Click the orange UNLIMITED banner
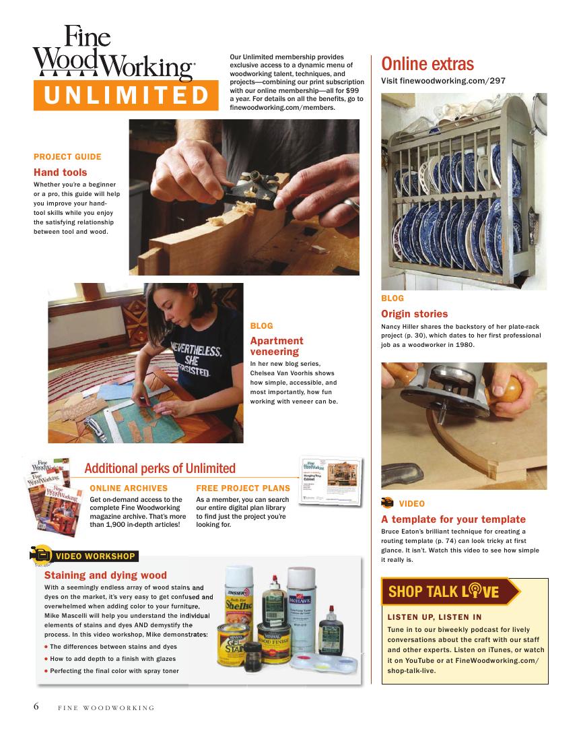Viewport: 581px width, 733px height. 126,96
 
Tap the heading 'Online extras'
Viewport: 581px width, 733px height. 428,64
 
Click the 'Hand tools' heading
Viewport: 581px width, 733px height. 60,172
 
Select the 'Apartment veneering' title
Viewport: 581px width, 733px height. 277,346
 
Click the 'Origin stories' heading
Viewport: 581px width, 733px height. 414,314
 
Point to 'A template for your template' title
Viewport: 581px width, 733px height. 453,519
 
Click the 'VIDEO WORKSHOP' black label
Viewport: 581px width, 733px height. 96,556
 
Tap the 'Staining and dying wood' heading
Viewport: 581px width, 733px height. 106,575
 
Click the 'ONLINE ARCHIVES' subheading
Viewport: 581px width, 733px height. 129,488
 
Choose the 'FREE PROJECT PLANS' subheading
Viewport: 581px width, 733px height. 243,488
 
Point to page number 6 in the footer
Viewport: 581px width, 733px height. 36,706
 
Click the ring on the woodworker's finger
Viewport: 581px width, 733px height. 351,205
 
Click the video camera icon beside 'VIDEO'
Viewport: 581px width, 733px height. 387,503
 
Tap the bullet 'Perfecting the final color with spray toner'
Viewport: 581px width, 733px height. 114,671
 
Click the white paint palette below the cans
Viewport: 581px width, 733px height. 324,664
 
